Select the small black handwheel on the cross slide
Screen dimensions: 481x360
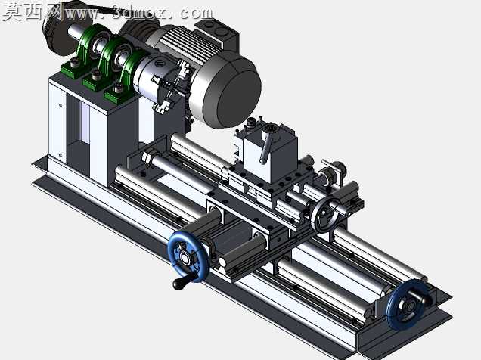325,215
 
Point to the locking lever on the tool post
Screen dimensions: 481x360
265,148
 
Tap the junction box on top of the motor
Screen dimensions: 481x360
217,32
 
